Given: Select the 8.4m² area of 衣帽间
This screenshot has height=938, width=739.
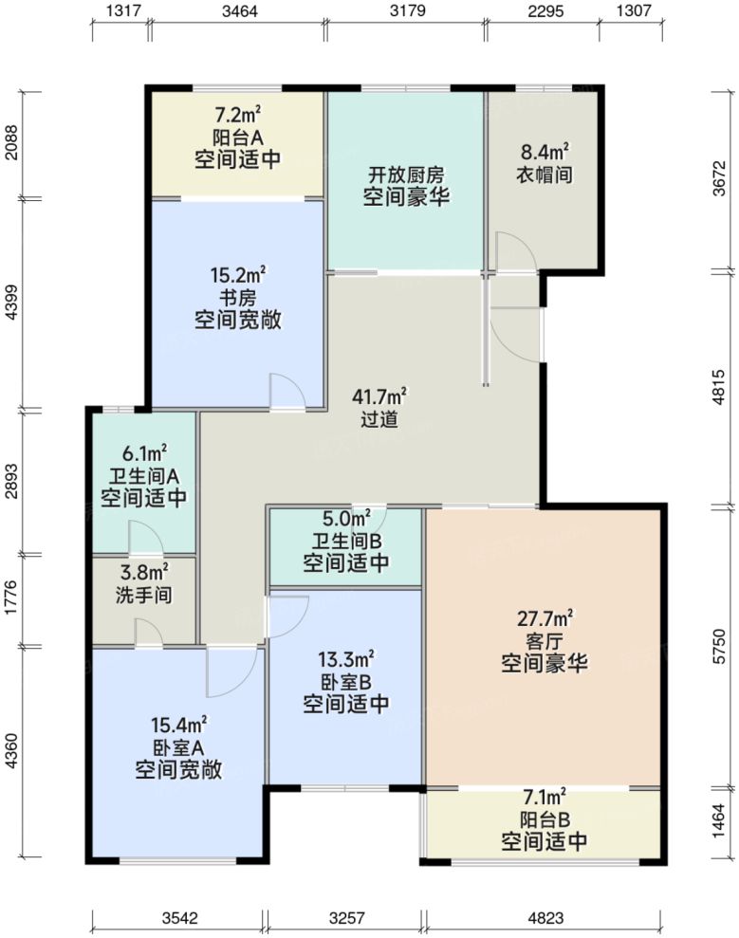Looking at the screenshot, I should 544,152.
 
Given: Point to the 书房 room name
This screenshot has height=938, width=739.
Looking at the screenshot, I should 237,298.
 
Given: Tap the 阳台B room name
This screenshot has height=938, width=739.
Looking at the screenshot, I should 544,818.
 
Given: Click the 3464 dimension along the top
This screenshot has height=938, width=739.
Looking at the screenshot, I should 238,11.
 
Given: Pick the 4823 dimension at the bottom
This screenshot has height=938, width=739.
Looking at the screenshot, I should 543,917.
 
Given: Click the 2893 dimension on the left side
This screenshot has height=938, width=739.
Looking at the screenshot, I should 11,479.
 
